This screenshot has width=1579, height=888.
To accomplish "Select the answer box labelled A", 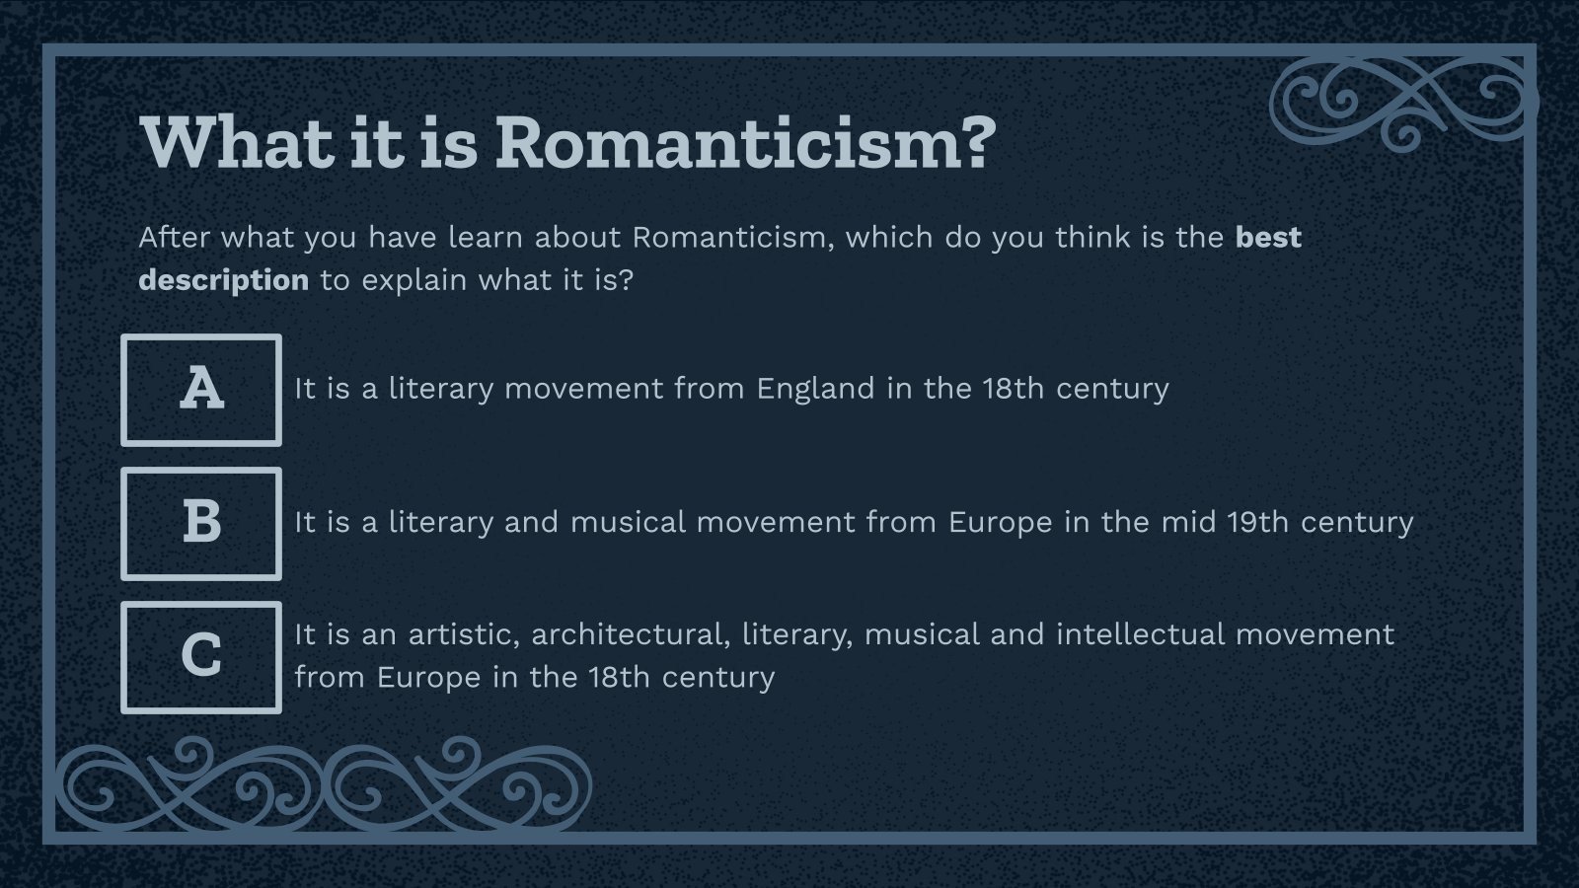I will [201, 390].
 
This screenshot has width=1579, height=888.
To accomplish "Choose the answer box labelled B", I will [201, 523].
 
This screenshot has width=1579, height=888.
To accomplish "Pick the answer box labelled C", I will [201, 657].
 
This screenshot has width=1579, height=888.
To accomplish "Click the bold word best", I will [1268, 238].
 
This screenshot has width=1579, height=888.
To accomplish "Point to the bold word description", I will [223, 281].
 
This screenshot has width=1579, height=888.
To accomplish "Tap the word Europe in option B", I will [1000, 522].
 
